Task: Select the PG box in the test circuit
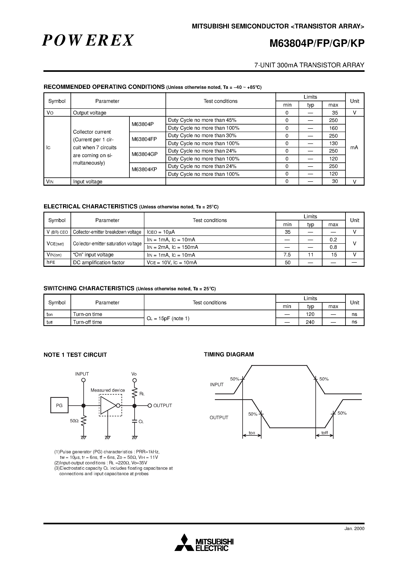pyautogui.click(x=59, y=405)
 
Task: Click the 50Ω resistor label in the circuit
pyautogui.click(x=74, y=421)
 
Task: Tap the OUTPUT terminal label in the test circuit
pyautogui.click(x=163, y=405)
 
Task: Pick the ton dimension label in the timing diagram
pyautogui.click(x=252, y=433)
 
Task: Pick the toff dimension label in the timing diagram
pyautogui.click(x=324, y=433)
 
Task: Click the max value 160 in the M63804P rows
pyautogui.click(x=333, y=128)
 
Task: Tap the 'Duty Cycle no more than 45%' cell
pyautogui.click(x=202, y=120)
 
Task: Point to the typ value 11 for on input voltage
pyautogui.click(x=311, y=255)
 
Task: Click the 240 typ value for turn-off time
pyautogui.click(x=310, y=322)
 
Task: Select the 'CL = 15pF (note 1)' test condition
pyautogui.click(x=168, y=318)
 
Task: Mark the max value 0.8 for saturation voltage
pyautogui.click(x=333, y=247)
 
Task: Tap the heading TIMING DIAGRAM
pyautogui.click(x=229, y=354)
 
